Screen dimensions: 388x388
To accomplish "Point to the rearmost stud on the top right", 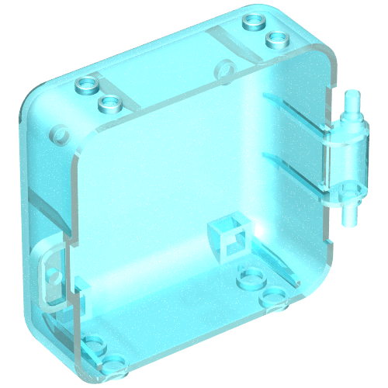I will (253, 20).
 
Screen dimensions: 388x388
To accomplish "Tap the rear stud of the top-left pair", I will (87, 85).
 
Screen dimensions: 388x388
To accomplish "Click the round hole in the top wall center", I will (224, 70).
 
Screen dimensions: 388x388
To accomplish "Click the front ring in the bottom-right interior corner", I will (273, 296).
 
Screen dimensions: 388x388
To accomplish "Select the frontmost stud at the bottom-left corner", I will (113, 362).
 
